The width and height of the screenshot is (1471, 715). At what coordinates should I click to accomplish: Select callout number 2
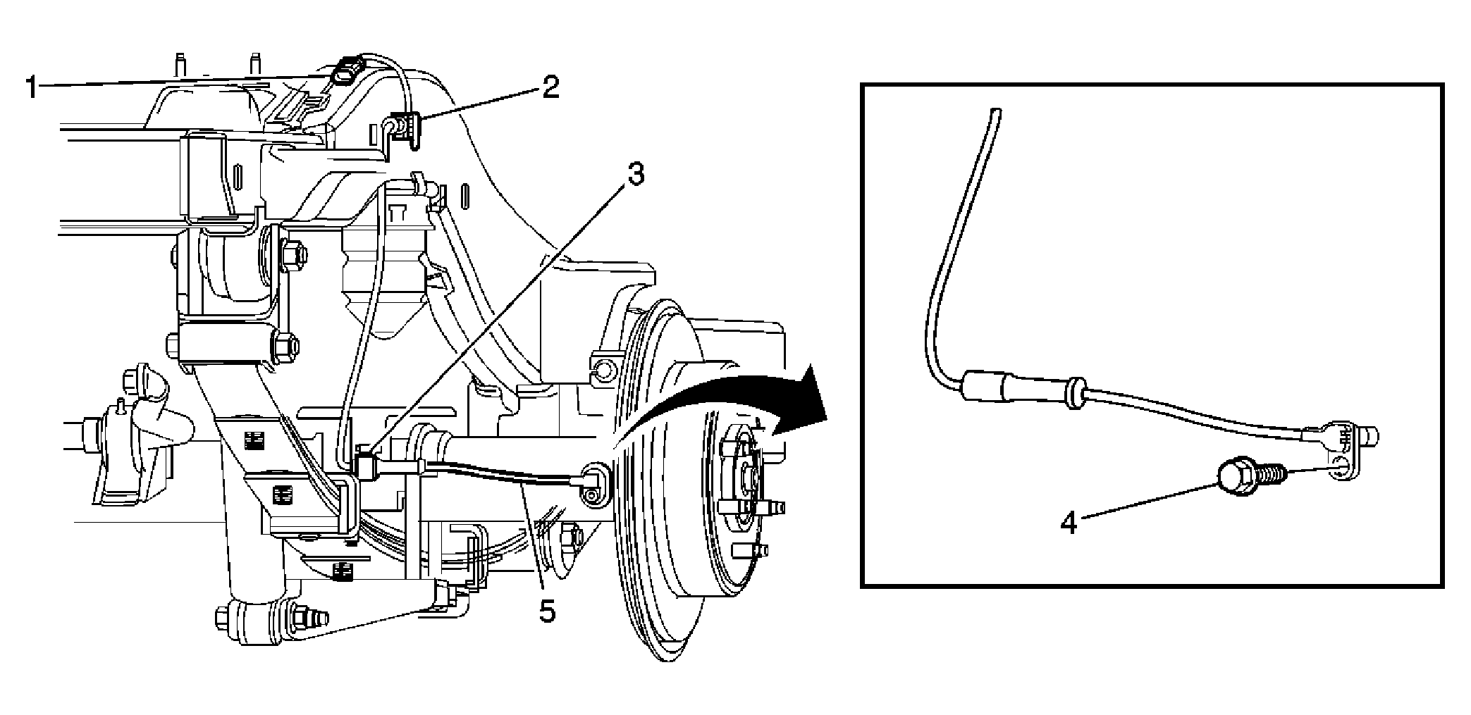click(x=550, y=88)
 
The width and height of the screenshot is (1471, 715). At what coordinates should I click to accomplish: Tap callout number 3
click(x=635, y=174)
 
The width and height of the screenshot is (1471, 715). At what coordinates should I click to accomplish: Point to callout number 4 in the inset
click(x=1069, y=523)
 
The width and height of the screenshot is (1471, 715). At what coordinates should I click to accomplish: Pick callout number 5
click(x=548, y=610)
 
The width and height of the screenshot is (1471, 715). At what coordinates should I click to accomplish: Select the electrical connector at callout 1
click(x=346, y=73)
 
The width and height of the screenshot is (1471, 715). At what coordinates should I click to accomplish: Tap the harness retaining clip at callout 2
click(x=405, y=129)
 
